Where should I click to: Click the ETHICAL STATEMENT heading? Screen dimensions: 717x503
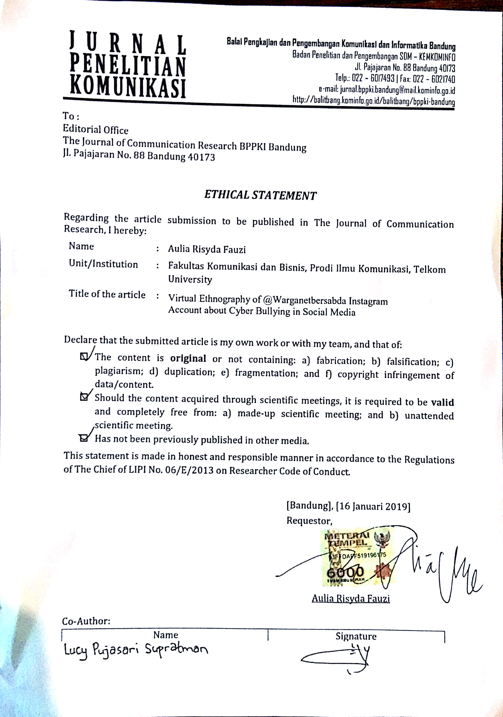click(x=260, y=195)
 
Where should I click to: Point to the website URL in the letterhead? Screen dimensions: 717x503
click(x=373, y=101)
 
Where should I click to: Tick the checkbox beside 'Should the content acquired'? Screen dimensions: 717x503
click(x=84, y=397)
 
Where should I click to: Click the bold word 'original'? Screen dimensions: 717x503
click(x=188, y=359)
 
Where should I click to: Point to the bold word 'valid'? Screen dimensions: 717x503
click(x=442, y=402)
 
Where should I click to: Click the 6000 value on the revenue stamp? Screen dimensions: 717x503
click(x=345, y=572)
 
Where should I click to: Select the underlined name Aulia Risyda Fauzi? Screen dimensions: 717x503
click(x=351, y=598)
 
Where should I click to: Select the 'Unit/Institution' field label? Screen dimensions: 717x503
click(x=103, y=264)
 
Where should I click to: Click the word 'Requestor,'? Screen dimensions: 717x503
click(x=309, y=521)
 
